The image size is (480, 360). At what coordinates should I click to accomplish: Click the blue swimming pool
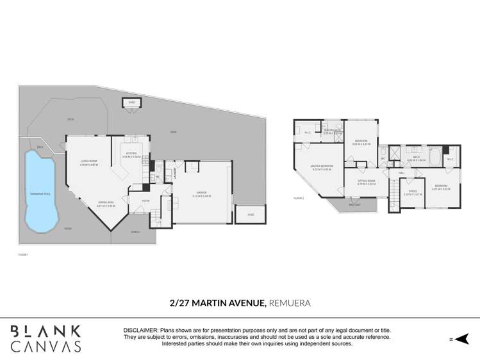point(40,192)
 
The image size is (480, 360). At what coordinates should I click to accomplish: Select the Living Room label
point(88,163)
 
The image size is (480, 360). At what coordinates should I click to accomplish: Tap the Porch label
point(135,232)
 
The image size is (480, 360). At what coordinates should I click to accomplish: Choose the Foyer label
point(137,200)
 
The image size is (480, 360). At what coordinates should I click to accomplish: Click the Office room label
point(412,192)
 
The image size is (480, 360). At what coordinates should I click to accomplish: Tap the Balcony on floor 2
point(354,205)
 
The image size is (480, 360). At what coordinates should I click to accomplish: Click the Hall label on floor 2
point(402,173)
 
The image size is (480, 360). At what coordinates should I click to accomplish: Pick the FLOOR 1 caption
point(24,254)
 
